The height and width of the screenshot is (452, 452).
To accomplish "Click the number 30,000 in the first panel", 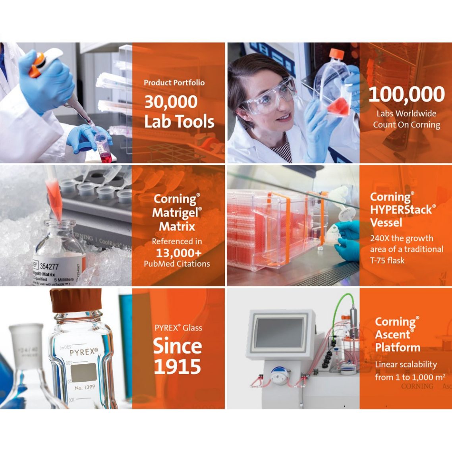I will [171, 102].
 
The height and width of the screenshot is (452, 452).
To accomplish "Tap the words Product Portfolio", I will [174, 83].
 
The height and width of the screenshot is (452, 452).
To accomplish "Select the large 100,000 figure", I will [406, 94].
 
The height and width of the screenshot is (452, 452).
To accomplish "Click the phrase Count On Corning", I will [406, 125].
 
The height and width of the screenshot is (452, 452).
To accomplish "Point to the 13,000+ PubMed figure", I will [178, 253].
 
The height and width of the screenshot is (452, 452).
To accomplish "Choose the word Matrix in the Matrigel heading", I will [177, 226].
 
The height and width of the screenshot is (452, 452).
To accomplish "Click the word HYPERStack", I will [401, 210].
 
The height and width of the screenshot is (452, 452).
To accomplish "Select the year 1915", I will [178, 366].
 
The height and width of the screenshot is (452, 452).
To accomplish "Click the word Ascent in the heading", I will [392, 334].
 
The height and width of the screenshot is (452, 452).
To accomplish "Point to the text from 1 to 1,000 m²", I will [410, 377].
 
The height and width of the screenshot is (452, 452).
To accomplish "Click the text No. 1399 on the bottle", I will [84, 386].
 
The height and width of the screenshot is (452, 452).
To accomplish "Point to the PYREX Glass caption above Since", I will [178, 328].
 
